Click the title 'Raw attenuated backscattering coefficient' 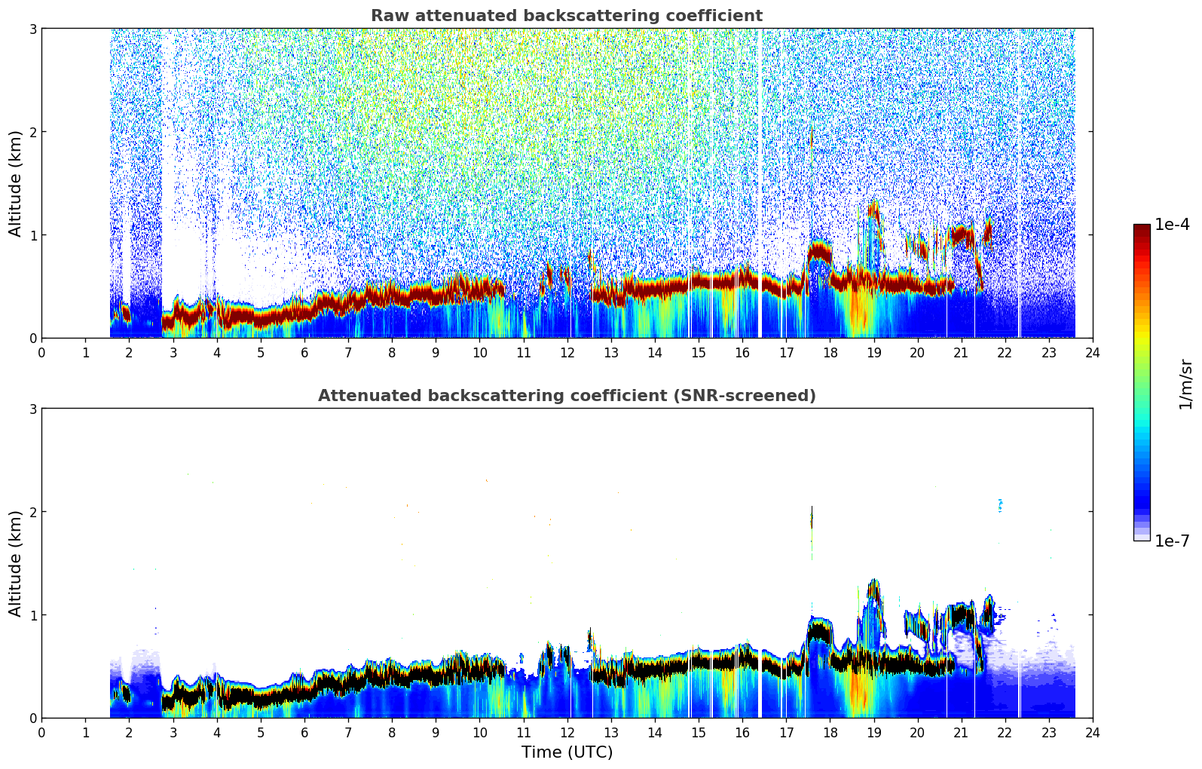[566, 16]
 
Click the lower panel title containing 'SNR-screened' [566, 396]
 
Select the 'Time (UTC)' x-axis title [567, 752]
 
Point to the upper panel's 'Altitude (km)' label [16, 183]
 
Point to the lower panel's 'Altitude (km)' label [16, 563]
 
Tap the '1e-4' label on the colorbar [1172, 225]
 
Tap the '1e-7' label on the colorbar [1172, 541]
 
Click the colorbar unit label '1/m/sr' [1185, 384]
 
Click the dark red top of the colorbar [1142, 228]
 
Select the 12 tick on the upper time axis [567, 352]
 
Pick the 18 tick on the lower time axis [830, 732]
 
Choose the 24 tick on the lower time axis [1092, 732]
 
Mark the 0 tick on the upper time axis [41, 352]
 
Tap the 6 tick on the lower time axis [304, 732]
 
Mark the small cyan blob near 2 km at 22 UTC [1000, 505]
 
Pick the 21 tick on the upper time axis [961, 352]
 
